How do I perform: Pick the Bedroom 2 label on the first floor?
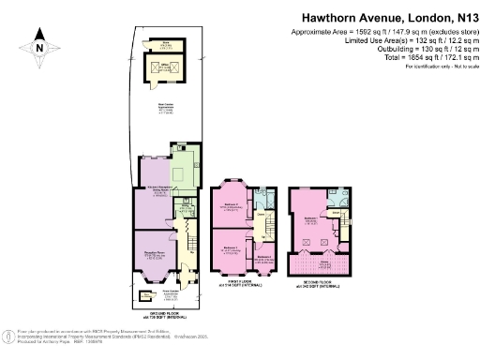[x=230, y=249]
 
